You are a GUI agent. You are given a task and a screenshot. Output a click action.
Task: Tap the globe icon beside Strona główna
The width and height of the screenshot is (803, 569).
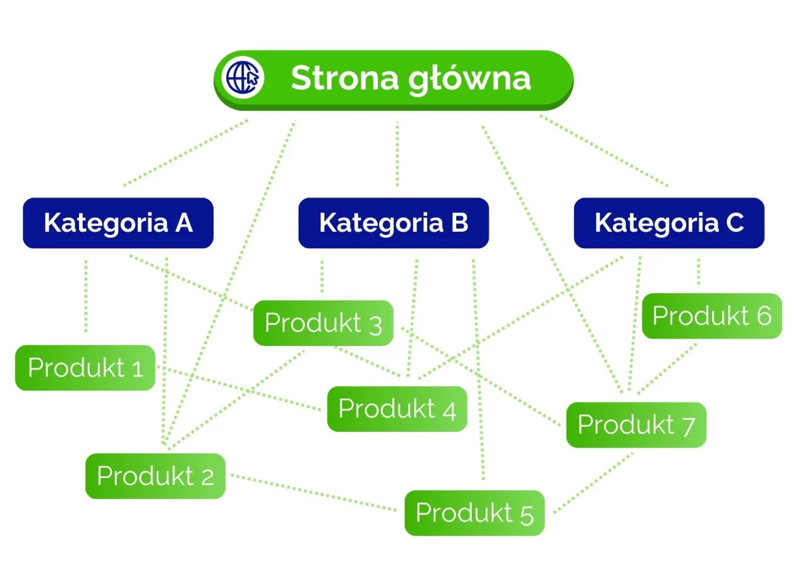pyautogui.click(x=245, y=78)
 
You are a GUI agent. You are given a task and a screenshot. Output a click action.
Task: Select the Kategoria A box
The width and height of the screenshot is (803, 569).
pyautogui.click(x=118, y=223)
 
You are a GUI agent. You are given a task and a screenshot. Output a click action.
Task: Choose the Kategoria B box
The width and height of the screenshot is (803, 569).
pyautogui.click(x=393, y=223)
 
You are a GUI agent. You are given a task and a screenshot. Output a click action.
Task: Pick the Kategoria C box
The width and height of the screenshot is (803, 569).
pyautogui.click(x=669, y=223)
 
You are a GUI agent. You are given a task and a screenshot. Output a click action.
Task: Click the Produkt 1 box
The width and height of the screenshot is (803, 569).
pyautogui.click(x=85, y=368)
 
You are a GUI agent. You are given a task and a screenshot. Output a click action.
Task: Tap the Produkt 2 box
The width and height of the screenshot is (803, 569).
pyautogui.click(x=155, y=476)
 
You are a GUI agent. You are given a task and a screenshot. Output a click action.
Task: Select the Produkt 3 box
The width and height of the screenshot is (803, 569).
pyautogui.click(x=323, y=323)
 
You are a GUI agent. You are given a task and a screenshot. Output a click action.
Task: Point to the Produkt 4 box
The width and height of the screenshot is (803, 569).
pyautogui.click(x=397, y=409)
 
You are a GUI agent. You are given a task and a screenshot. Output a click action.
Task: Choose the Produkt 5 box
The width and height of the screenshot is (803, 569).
pyautogui.click(x=474, y=513)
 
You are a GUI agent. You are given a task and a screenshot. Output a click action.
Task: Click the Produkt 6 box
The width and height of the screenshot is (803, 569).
pyautogui.click(x=711, y=316)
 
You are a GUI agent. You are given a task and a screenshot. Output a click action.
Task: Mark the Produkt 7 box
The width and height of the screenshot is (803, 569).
pyautogui.click(x=635, y=425)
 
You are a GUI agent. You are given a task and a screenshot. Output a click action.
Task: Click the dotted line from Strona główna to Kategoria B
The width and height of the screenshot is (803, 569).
pyautogui.click(x=397, y=154)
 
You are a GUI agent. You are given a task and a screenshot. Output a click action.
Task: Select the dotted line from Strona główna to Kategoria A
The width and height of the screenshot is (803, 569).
pyautogui.click(x=186, y=152)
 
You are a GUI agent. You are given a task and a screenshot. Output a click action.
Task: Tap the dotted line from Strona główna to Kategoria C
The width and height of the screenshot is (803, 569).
pyautogui.click(x=604, y=150)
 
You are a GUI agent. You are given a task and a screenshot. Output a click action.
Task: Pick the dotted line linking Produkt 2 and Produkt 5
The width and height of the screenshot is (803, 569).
pyautogui.click(x=314, y=493)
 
